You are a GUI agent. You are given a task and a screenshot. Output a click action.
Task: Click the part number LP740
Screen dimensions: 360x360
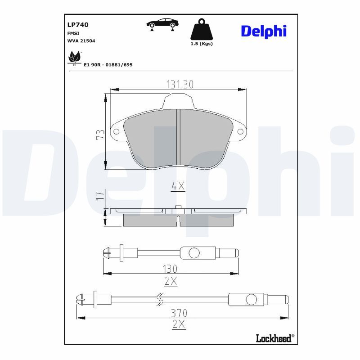pyautogui.click(x=78, y=25)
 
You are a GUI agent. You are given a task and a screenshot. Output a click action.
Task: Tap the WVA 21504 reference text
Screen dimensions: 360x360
pyautogui.click(x=81, y=41)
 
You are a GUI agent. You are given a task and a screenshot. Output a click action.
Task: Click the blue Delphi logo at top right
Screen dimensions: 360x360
pyautogui.click(x=264, y=31)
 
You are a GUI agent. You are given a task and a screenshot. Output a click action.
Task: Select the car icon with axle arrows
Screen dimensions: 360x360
pyautogui.click(x=162, y=24)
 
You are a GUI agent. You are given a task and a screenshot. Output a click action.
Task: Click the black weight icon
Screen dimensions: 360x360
pyautogui.click(x=202, y=29)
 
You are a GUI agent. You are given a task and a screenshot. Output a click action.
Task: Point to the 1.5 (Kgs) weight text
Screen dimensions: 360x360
pyautogui.click(x=202, y=44)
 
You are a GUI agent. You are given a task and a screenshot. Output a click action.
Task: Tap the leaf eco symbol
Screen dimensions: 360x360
pyautogui.click(x=74, y=58)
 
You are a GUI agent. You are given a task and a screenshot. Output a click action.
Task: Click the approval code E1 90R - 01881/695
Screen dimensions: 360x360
pyautogui.click(x=108, y=65)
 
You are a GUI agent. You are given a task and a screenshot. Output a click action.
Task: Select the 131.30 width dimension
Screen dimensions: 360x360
pyautogui.click(x=180, y=84)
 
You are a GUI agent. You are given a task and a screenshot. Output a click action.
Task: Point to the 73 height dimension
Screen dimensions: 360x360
pyautogui.click(x=100, y=134)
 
